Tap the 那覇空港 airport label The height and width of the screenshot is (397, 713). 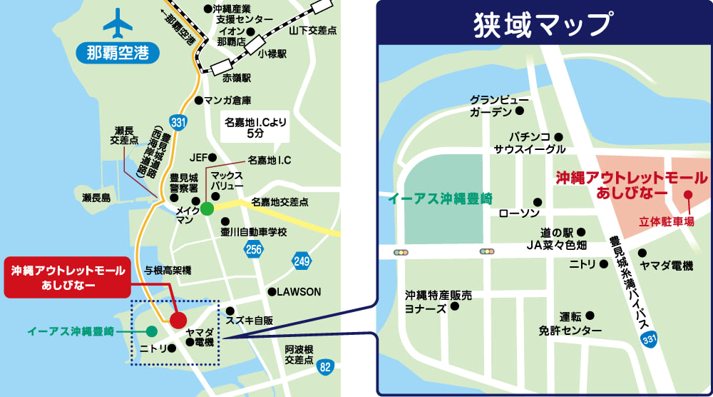coord(118,54)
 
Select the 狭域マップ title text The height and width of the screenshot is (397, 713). coord(543,24)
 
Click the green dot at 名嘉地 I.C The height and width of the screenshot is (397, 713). coord(207,208)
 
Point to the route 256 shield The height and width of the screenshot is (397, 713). coord(252,248)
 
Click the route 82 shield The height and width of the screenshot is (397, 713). coord(325,367)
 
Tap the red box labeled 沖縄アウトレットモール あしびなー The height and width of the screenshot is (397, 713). coord(68,278)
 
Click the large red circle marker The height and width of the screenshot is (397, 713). coord(178,319)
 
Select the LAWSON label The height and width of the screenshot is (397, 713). coord(299,292)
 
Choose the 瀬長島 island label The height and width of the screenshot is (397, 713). coord(96,198)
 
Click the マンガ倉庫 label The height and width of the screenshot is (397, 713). coord(227,100)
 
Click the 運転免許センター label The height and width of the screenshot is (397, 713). coord(570,323)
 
